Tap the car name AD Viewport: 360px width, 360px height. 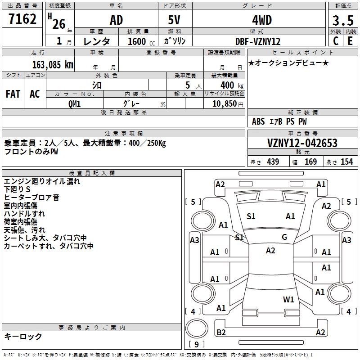(116, 20)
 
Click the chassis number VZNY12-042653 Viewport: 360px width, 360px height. (302, 143)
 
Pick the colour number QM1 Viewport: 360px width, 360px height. (75, 103)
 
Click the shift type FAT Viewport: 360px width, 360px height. (13, 94)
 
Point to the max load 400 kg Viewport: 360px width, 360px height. (227, 85)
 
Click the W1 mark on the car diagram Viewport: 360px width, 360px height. (288, 299)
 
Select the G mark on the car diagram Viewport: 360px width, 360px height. (284, 237)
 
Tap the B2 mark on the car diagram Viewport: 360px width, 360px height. (221, 333)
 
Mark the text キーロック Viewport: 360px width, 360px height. (23, 336)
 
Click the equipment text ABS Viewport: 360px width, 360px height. (258, 121)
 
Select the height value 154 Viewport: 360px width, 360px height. (347, 162)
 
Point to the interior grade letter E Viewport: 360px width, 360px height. (350, 41)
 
